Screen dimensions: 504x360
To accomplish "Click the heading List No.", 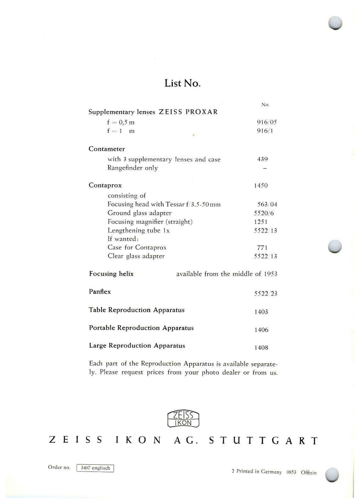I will (182, 83).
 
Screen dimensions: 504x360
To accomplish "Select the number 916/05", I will (266, 122).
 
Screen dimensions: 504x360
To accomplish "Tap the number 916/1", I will (265, 131).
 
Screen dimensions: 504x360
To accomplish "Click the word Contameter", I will (106, 149).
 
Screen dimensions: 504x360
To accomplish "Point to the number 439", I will (262, 159).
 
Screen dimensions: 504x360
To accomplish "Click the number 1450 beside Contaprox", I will (261, 185).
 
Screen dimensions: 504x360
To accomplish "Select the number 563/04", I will (267, 204).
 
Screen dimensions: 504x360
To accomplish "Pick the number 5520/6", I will (264, 213).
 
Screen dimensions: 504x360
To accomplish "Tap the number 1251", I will (261, 222).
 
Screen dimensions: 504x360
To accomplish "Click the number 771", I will (262, 248).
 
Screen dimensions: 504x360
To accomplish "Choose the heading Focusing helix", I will (111, 274).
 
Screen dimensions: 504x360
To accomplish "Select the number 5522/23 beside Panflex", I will (266, 294).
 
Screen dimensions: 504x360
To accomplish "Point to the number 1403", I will (261, 312).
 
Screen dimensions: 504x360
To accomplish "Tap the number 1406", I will (261, 330).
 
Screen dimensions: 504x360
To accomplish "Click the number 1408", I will (261, 348).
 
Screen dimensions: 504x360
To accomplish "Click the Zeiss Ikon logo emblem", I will (183, 419).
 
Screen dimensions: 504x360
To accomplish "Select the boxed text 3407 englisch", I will (95, 468).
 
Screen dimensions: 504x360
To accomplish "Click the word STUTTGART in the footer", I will (263, 440).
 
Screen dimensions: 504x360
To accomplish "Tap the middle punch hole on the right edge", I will (335, 246).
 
